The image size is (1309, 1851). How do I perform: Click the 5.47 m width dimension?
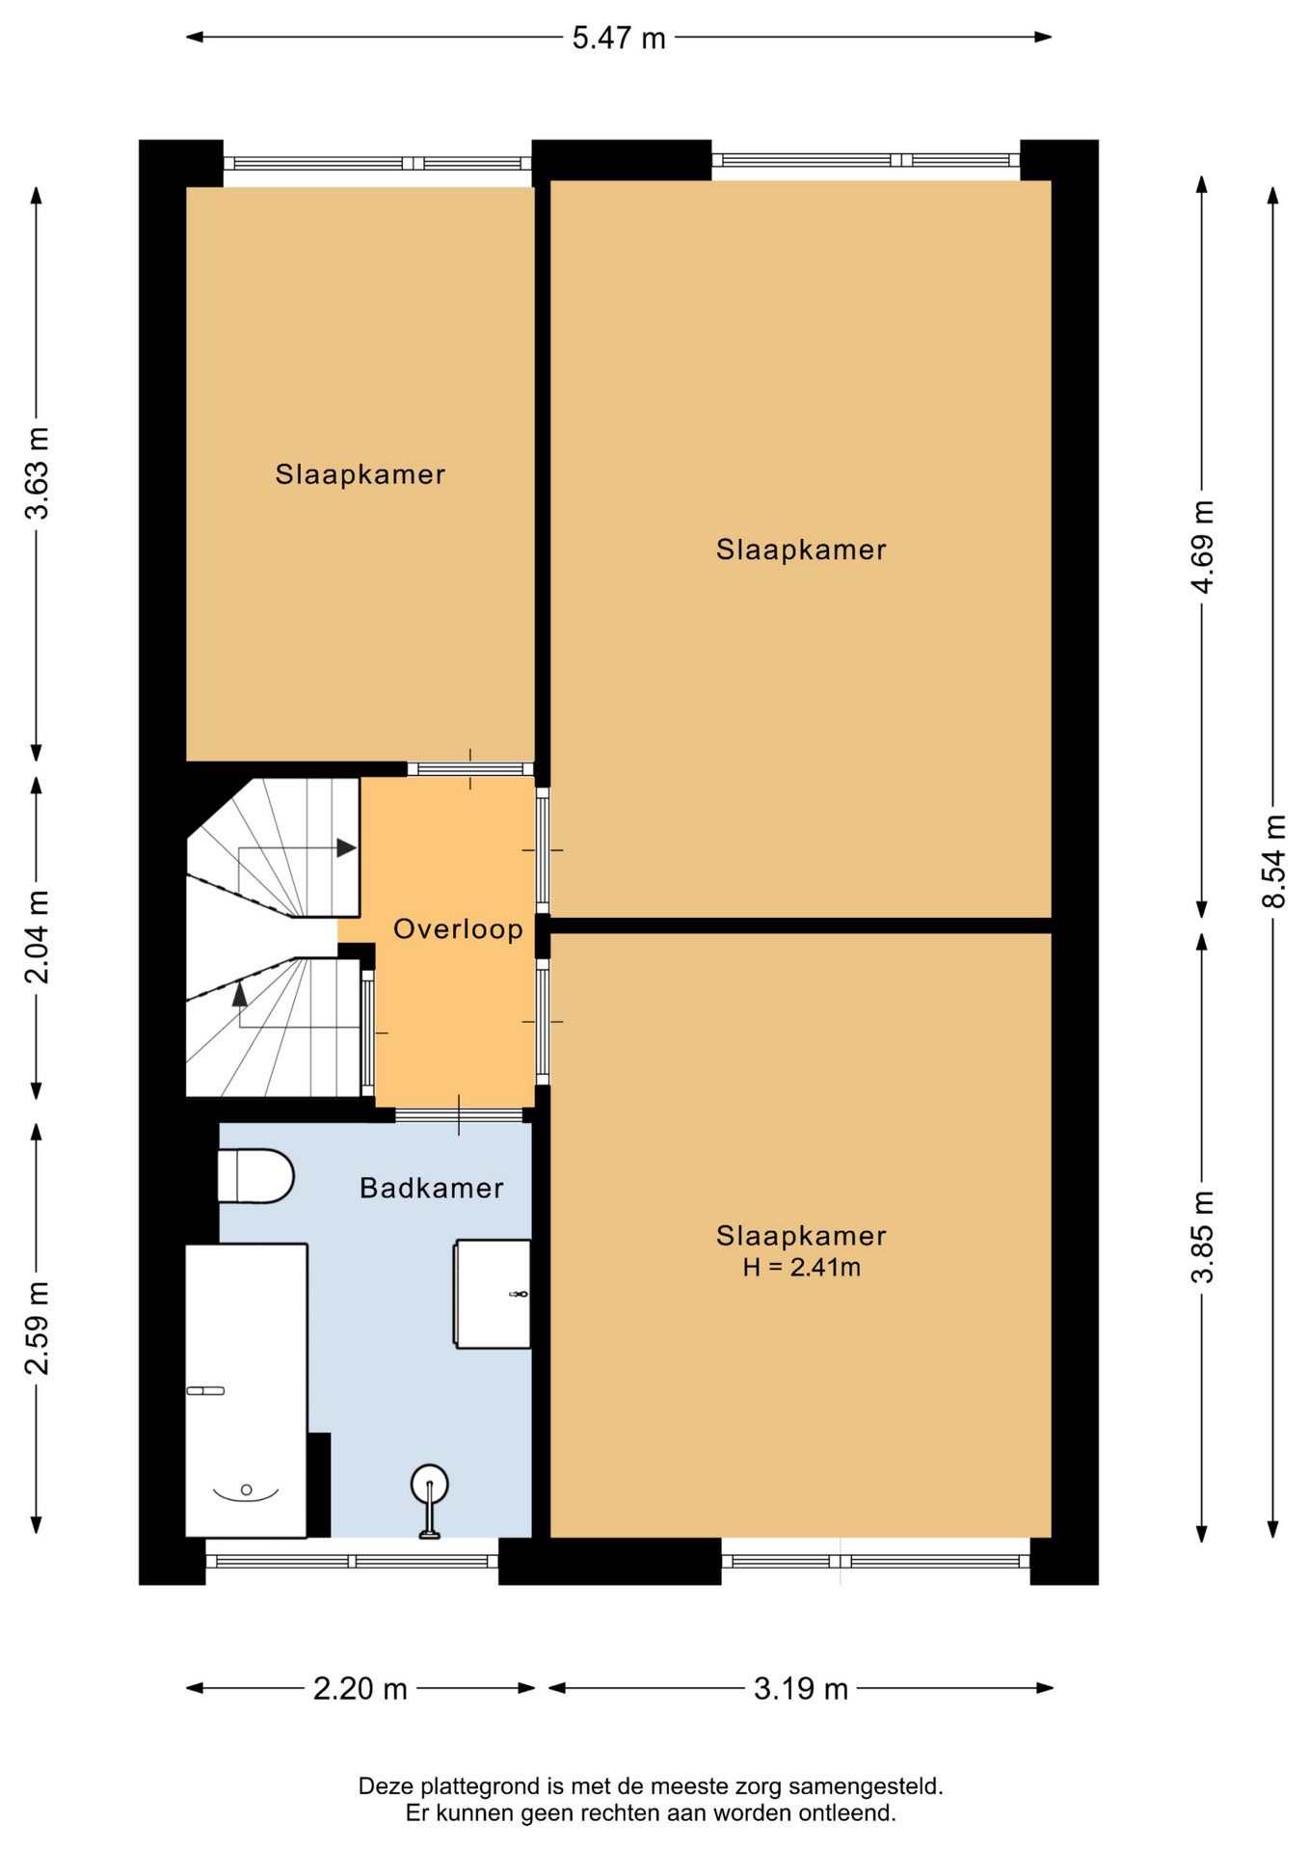point(619,38)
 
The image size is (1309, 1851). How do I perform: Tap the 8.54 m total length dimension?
point(1273,861)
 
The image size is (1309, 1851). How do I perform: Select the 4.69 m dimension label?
point(1202,547)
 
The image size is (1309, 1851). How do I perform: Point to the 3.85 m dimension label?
point(1202,1237)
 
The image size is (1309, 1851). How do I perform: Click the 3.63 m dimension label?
point(37,472)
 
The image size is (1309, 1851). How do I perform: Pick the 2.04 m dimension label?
point(37,937)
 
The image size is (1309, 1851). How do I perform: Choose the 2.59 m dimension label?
point(37,1328)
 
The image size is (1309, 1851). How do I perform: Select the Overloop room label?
point(458,929)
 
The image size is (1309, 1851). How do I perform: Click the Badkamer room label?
point(431,1188)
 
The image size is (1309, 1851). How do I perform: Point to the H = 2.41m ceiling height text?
point(801,1267)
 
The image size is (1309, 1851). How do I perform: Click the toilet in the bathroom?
point(254,1176)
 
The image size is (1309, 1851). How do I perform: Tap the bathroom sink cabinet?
point(492,1294)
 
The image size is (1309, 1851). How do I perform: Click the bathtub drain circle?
point(247,1489)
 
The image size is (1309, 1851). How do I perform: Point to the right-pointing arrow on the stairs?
point(346,848)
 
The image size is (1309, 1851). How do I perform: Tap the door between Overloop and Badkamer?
point(459,1115)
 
